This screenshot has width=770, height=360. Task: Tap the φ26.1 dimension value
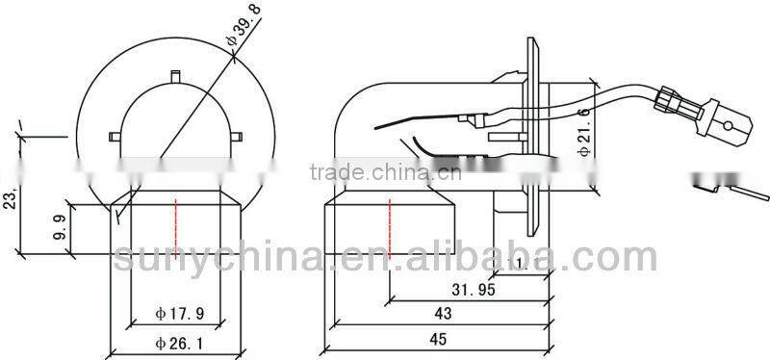180,343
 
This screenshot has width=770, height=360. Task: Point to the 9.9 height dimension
59,227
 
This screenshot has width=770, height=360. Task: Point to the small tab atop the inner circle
176,74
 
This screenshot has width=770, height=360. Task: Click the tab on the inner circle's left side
115,134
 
